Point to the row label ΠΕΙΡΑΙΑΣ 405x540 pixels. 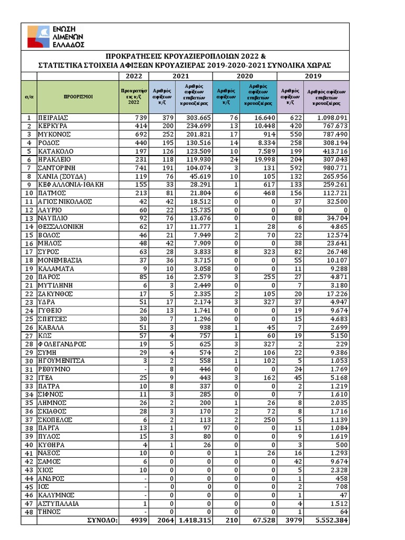tap(54, 118)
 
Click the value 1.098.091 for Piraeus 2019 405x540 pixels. tap(330, 118)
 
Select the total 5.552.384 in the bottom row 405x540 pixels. tap(329, 520)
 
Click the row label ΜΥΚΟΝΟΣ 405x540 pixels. tap(54, 134)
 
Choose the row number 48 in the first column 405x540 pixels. tap(29, 512)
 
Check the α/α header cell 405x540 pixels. tap(29, 97)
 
